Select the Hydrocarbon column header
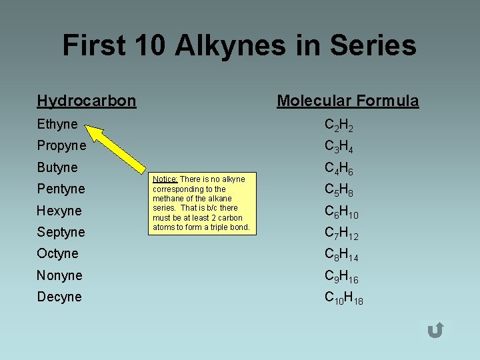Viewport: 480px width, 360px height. click(x=87, y=101)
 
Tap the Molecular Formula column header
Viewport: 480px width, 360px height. click(x=348, y=101)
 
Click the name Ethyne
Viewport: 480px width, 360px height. click(x=57, y=124)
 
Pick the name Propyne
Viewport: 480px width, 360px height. click(x=61, y=145)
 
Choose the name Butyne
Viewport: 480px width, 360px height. click(x=57, y=167)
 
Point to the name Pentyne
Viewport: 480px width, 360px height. click(x=61, y=189)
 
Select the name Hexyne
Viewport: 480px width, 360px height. click(x=59, y=211)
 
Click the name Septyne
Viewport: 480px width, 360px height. click(x=61, y=232)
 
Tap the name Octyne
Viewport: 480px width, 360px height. click(x=58, y=253)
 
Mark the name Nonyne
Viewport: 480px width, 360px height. click(x=60, y=275)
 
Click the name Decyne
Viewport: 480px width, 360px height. click(x=59, y=297)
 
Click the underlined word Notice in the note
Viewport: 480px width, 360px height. click(x=165, y=179)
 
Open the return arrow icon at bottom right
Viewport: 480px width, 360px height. click(x=435, y=330)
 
